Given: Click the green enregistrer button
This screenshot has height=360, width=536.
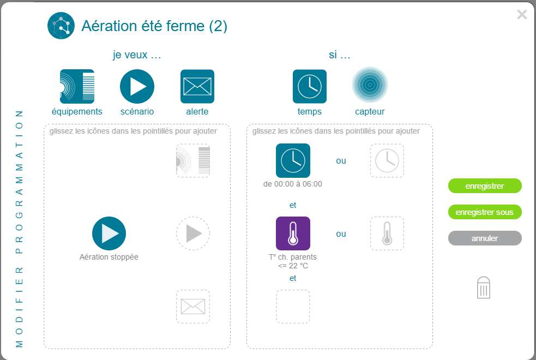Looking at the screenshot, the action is (x=485, y=185).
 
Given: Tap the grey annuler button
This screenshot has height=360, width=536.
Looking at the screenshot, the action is (x=485, y=238).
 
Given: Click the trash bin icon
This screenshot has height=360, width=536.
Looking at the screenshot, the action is (x=483, y=287).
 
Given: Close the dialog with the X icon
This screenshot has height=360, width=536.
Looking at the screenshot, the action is (x=522, y=14).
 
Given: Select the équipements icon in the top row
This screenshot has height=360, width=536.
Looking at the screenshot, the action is (x=77, y=87).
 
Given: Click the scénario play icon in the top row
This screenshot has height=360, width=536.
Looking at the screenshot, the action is (x=137, y=87).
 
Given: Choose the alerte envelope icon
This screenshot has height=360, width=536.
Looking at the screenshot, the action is (x=197, y=87).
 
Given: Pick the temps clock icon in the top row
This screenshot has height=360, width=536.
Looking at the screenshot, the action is (x=310, y=87).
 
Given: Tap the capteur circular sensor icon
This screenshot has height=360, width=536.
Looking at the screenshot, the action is (x=370, y=85).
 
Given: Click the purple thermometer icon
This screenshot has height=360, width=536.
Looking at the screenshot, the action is (x=293, y=233).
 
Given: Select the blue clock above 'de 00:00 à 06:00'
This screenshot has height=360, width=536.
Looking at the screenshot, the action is (x=293, y=161).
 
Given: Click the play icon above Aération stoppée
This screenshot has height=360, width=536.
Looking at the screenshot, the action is (x=109, y=233).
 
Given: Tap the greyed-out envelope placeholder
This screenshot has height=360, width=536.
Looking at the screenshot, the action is (x=193, y=307).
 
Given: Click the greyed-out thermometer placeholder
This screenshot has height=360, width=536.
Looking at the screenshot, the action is (x=387, y=233).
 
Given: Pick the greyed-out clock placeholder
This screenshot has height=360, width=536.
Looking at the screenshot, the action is (x=387, y=161).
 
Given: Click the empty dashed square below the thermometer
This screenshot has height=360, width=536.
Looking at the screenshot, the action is (x=293, y=307).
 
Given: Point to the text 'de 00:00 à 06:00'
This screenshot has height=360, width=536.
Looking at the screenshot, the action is (x=293, y=184).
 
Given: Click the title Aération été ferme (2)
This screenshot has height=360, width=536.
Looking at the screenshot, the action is (x=154, y=26).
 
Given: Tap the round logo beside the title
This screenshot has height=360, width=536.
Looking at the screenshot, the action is (x=61, y=26).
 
